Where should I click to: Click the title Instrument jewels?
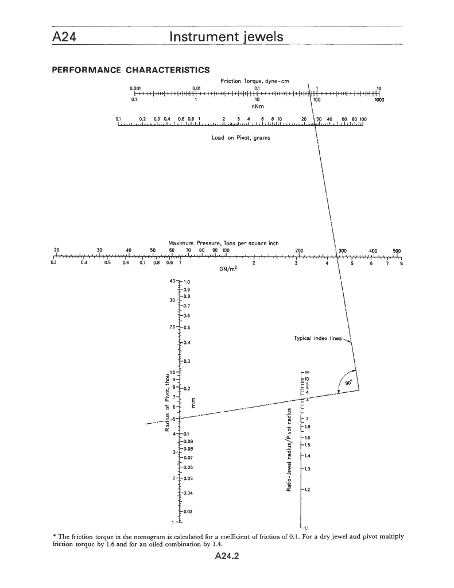[227, 37]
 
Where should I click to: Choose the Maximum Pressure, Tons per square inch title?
[224, 243]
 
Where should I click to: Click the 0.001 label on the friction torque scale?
[135, 88]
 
